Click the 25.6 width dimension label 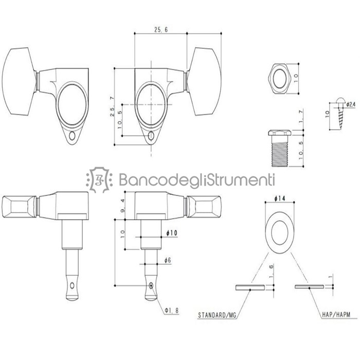click(161, 29)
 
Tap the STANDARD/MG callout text click(217, 315)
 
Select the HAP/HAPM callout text click(336, 314)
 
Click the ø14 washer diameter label click(280, 199)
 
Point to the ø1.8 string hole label click(171, 311)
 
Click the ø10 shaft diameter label click(172, 233)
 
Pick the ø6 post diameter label click(168, 260)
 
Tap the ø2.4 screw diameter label click(351, 104)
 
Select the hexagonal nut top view click(279, 79)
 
